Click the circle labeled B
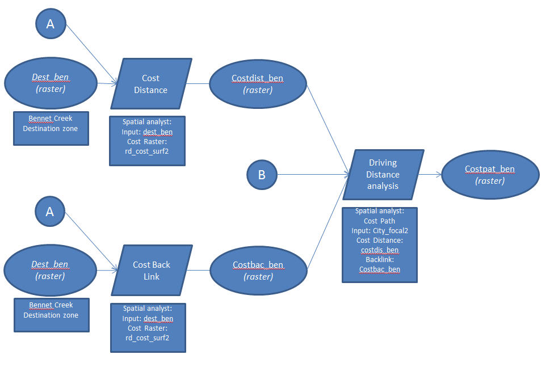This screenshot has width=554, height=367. coord(262,174)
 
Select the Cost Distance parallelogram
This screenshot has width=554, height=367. coord(150,83)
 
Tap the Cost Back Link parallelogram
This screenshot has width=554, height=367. coord(152,270)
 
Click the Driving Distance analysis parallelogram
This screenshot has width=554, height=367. coord(383,174)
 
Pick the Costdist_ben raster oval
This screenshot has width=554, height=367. coord(257,83)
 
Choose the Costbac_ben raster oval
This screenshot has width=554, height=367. coord(258,270)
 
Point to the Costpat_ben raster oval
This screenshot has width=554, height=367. coord(489,174)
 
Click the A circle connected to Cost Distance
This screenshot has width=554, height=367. coord(51,24)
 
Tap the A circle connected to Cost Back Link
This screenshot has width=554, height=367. coord(50,211)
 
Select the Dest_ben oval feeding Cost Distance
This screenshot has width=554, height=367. coord(50,83)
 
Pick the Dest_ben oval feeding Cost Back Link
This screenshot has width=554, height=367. coord(50,270)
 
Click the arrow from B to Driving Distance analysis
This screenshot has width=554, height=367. coord(312,174)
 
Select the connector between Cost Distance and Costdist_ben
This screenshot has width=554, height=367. coord(199,83)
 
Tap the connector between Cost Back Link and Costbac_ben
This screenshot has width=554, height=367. coord(199,270)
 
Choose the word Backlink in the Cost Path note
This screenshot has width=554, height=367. coord(380,259)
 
